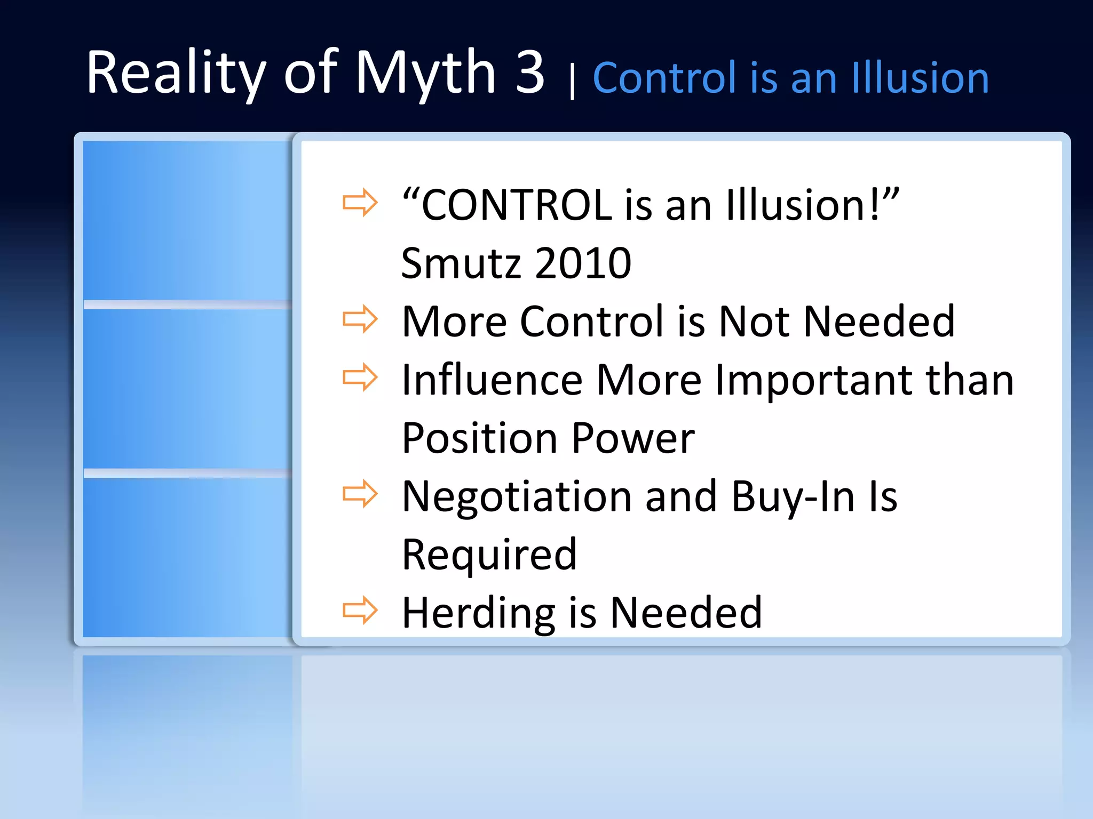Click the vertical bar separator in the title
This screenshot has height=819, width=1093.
[x=572, y=82]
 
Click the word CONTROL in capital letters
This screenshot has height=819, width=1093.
[x=517, y=205]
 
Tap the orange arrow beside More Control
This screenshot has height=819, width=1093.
[x=360, y=319]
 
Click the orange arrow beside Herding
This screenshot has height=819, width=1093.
[x=360, y=610]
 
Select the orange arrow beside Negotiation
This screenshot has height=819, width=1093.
[x=360, y=494]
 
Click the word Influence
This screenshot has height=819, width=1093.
[x=492, y=380]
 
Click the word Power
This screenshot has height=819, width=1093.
[x=633, y=438]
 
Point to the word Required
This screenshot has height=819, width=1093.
[x=489, y=555]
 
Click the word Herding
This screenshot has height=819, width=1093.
[x=478, y=613]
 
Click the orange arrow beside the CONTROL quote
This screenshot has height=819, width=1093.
[x=360, y=203]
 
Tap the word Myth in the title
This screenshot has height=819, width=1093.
[x=425, y=73]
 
